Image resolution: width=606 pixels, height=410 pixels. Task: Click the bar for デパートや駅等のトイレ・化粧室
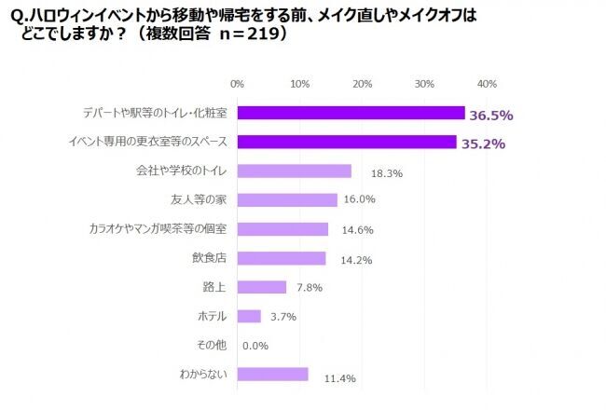351,113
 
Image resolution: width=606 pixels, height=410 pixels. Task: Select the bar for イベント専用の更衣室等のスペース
347,142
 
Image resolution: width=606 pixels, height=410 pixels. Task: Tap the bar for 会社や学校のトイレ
295,171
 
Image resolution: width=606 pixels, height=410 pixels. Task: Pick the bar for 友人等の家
287,200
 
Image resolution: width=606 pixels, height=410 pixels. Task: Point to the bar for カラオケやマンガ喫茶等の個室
282,229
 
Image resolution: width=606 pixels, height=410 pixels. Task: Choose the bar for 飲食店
282,258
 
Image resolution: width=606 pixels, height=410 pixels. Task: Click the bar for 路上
262,287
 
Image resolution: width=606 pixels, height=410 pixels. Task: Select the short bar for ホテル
249,316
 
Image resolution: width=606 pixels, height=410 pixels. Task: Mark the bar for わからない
273,374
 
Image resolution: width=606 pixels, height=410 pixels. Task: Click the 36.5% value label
491,115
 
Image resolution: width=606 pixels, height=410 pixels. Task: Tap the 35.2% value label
483,143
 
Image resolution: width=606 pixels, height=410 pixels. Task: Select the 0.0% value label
255,346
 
